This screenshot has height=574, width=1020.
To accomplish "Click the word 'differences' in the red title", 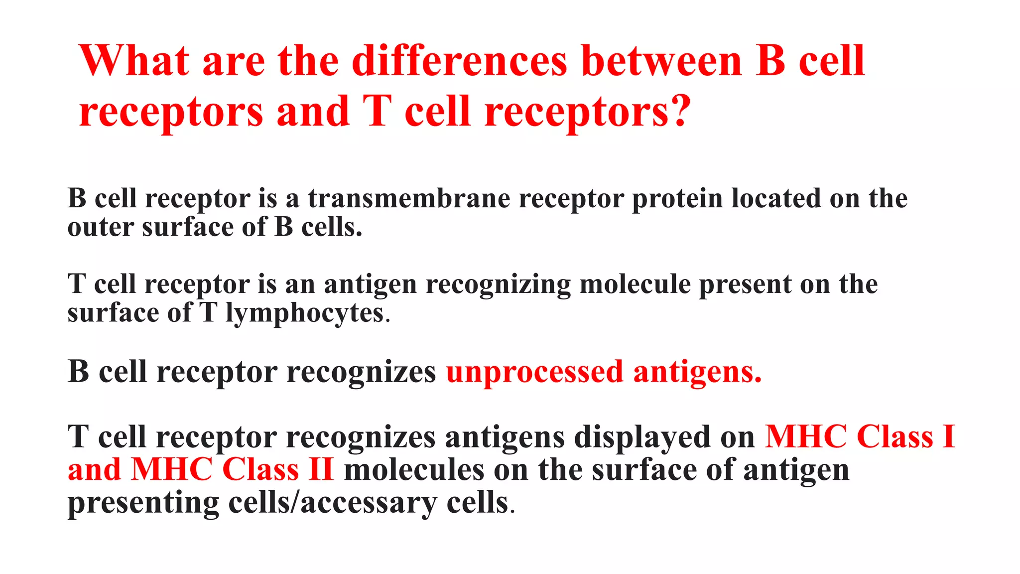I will coord(459,61).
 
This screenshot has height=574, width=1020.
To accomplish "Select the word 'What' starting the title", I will coord(133,61).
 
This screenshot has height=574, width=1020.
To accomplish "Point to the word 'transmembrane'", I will coord(408,198).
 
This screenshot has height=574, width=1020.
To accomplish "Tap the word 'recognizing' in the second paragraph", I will coord(498,286).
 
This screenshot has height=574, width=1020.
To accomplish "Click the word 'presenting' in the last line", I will coord(143,503).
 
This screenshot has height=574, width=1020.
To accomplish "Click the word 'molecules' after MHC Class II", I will coord(414,470).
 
